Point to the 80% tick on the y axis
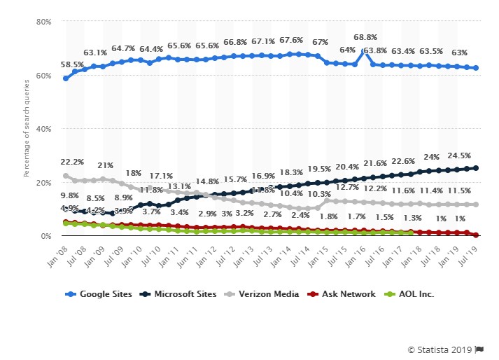coord(44,22)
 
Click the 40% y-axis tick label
coord(44,129)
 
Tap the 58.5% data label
coord(72,64)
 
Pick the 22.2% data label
coord(73,162)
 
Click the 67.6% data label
coord(290,41)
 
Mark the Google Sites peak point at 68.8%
coord(364,51)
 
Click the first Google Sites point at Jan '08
coord(66,78)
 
